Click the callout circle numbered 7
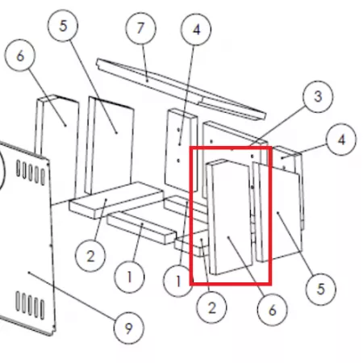coord(141,28)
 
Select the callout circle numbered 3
coord(318,96)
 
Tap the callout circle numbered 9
coord(129,328)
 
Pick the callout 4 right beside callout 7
coord(196,29)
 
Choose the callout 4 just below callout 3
coord(341,140)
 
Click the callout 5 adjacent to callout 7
coord(63,26)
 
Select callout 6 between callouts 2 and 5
coord(272,310)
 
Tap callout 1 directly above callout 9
coord(129,277)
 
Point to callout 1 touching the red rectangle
coord(178,282)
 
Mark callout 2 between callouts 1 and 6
coord(211,307)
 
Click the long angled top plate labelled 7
coord(181,88)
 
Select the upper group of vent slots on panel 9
coord(31,173)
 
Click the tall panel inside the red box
coord(230,217)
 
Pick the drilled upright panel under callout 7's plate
coord(181,150)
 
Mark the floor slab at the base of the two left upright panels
coord(116,199)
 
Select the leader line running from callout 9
coord(73,296)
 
